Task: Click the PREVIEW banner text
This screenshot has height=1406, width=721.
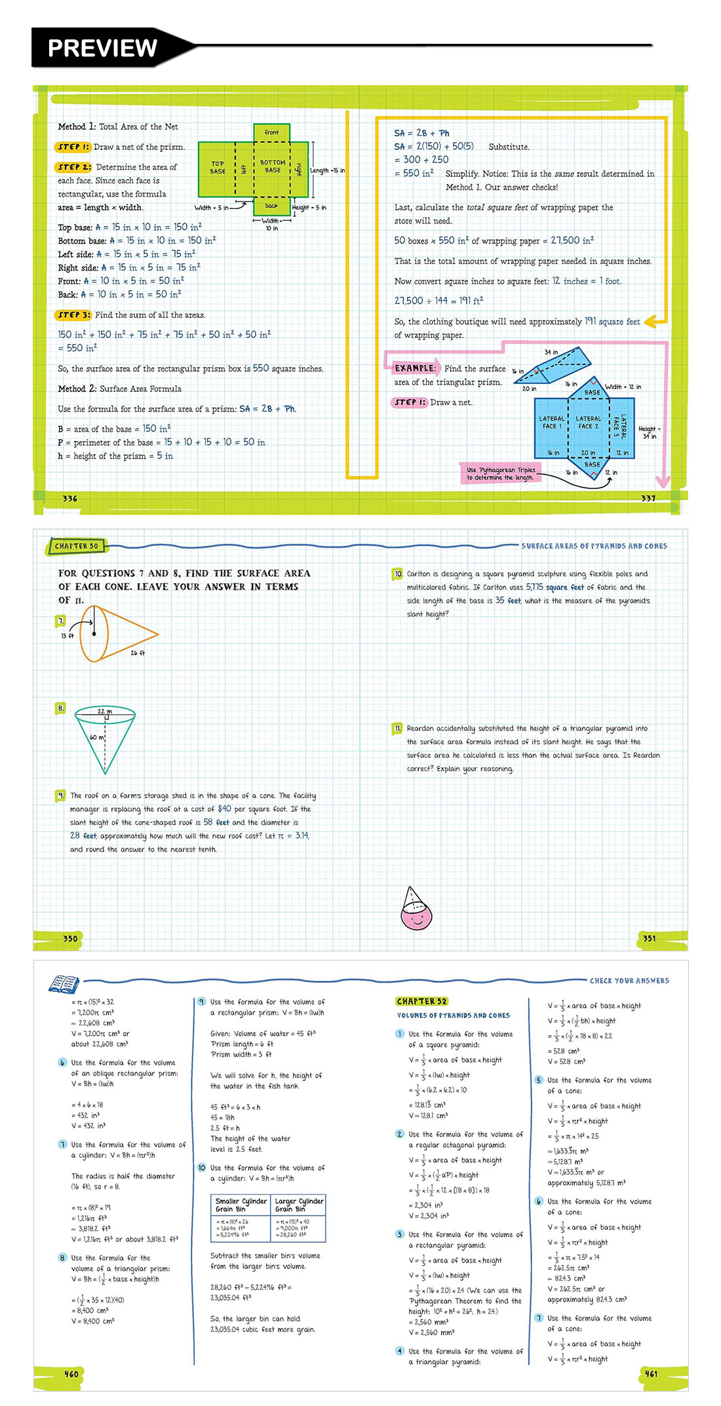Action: [x=102, y=48]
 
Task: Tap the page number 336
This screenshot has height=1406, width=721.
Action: [x=70, y=499]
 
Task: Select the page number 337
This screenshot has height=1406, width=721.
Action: [x=648, y=499]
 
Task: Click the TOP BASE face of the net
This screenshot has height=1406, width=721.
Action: [x=218, y=168]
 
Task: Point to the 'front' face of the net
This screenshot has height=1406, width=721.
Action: [x=271, y=132]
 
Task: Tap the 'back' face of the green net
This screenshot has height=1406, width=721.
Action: [x=271, y=206]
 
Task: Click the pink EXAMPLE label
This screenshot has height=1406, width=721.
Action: [x=414, y=368]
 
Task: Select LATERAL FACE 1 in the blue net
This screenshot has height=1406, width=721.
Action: [x=551, y=423]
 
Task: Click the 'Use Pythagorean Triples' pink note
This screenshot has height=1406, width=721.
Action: [x=501, y=474]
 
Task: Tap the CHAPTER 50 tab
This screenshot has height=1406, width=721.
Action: [x=77, y=546]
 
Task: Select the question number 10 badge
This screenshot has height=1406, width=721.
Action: [x=398, y=574]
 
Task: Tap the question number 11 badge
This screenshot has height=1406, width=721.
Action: [x=398, y=729]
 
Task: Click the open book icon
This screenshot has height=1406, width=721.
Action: [x=64, y=984]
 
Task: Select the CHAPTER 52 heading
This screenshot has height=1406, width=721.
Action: [x=422, y=1001]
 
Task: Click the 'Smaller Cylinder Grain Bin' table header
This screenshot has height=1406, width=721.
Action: [x=241, y=1205]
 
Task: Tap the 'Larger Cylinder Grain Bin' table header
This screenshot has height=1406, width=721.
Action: [x=299, y=1205]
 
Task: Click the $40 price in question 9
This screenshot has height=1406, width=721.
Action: [x=224, y=809]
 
